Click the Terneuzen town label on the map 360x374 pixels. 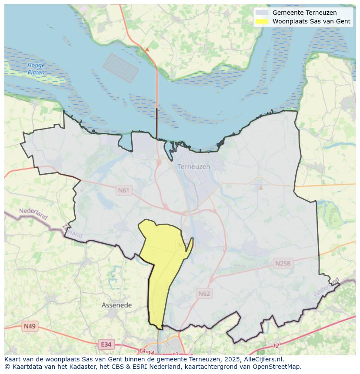click(193, 167)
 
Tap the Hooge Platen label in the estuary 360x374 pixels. click(36, 69)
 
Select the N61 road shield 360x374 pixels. click(123, 190)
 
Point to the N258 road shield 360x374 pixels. click(283, 263)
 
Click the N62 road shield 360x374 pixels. click(204, 294)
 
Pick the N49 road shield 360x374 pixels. click(30, 326)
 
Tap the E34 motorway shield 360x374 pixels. click(106, 344)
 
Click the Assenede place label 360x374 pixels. click(117, 305)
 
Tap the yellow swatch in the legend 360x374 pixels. click(262, 21)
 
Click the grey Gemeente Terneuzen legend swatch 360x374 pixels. click(262, 13)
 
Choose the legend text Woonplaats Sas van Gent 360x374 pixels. click(311, 21)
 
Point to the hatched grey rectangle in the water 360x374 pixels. click(120, 68)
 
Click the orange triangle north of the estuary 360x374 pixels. click(147, 50)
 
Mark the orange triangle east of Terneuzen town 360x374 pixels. click(260, 188)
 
